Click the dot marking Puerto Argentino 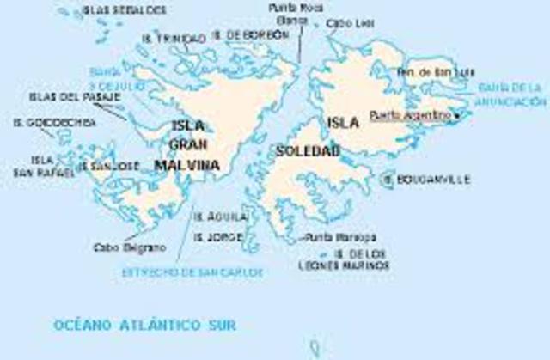(x=457, y=114)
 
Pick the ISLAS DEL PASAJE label (x=64, y=96)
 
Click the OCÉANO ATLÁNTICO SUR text (x=144, y=325)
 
